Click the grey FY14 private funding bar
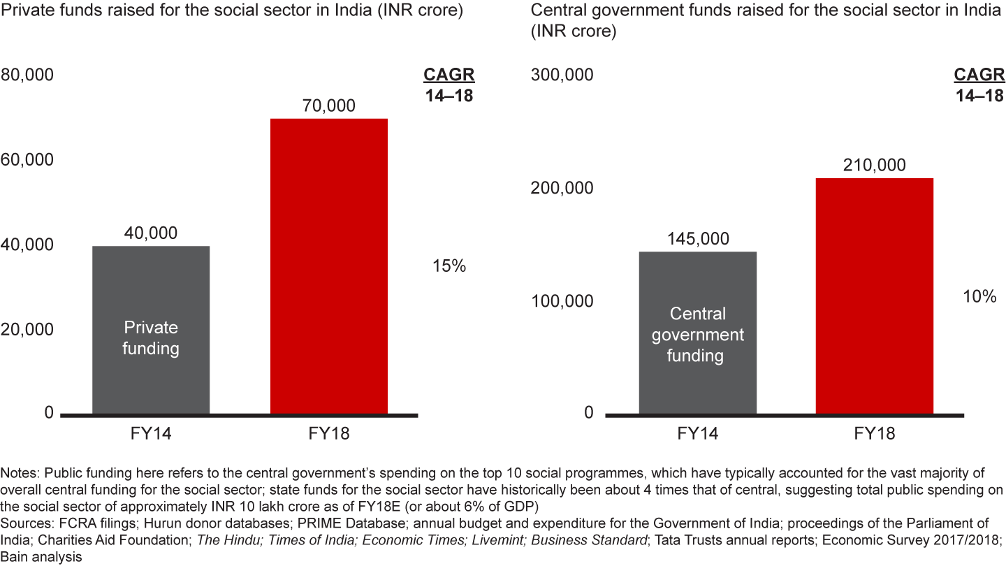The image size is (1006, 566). point(151,329)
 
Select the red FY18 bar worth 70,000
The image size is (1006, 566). point(328,266)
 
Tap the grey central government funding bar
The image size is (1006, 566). point(697,333)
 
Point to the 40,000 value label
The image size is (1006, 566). point(151,233)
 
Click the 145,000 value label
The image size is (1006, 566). point(697,239)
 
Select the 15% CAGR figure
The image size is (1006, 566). point(449,266)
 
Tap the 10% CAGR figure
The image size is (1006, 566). point(979,296)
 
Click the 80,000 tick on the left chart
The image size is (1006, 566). point(27,75)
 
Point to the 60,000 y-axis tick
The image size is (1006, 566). point(27,160)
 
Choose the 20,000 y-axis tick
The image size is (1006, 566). point(27,329)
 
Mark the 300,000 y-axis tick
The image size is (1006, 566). point(562,75)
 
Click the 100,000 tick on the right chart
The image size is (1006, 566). point(562,301)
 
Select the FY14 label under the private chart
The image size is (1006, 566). point(151,434)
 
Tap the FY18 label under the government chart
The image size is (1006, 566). point(874,434)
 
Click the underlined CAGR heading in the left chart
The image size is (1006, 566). point(449,75)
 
